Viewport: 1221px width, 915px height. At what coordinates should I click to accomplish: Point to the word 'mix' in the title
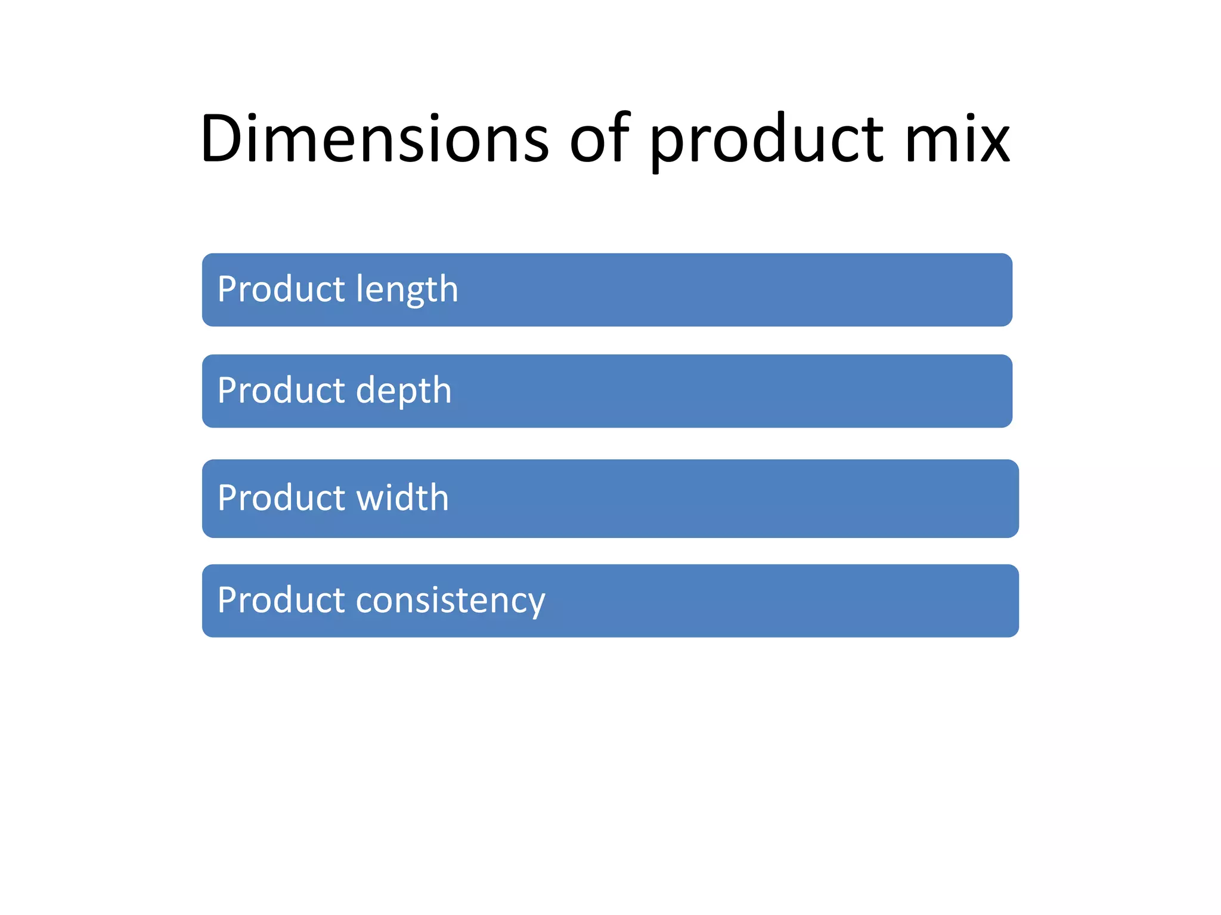pos(957,139)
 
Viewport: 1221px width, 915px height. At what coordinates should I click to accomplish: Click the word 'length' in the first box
pos(407,290)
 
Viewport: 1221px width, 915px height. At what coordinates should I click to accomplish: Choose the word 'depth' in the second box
pos(404,391)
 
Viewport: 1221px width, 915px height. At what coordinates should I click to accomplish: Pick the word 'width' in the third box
pos(402,498)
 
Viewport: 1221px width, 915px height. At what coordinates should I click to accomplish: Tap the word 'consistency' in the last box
pos(450,600)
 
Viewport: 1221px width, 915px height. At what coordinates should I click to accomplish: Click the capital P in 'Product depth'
pos(228,391)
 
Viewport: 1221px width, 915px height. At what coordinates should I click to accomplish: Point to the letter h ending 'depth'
pos(442,390)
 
